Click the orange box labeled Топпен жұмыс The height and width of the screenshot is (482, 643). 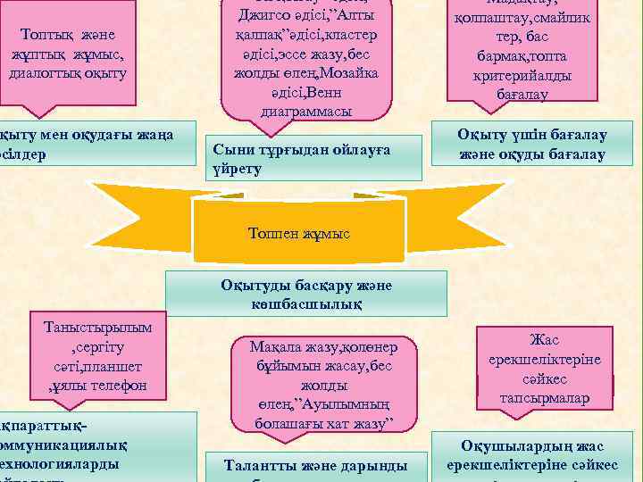click(x=299, y=234)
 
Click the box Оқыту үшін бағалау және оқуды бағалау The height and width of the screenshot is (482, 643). click(x=532, y=145)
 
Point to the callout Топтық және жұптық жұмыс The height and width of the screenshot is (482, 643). click(x=68, y=54)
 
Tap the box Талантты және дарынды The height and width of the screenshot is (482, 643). click(x=317, y=465)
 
